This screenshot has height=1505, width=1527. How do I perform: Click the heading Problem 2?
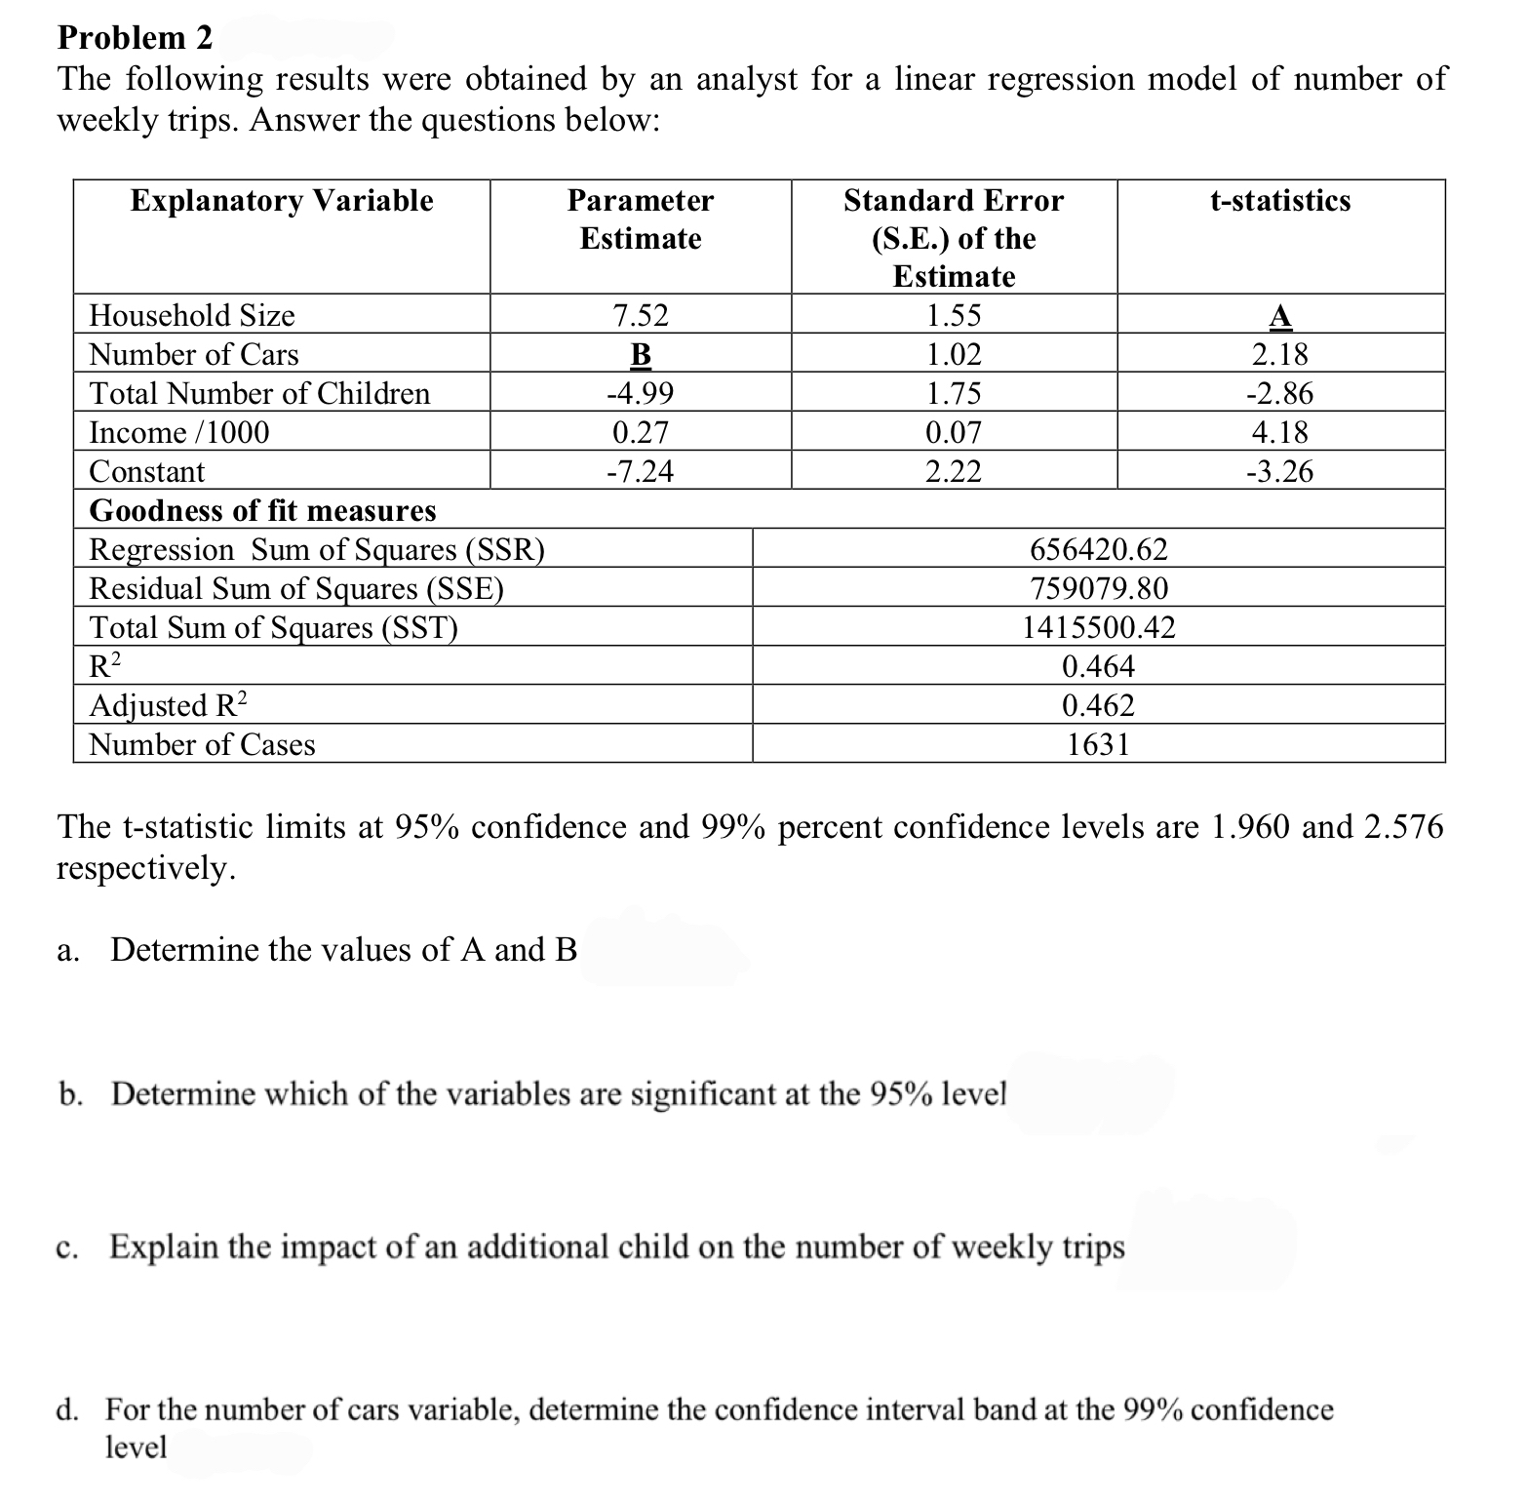pos(135,37)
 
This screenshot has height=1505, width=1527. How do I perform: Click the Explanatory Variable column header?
pos(282,201)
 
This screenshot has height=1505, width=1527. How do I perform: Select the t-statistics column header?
pos(1279,201)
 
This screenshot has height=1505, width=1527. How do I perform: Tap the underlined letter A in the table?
pos(1279,316)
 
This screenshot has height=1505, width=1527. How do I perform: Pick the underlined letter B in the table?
pos(640,355)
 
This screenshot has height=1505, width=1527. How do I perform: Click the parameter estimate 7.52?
pos(640,316)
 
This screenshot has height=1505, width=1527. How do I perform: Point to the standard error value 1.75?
pos(953,394)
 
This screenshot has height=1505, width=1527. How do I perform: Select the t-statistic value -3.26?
pos(1279,472)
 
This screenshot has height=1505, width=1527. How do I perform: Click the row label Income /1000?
pos(179,433)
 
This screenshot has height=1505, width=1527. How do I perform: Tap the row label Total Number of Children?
pos(259,394)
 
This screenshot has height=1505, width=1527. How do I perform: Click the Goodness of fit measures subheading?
pos(262,510)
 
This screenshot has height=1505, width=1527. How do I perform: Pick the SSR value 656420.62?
pos(1098,550)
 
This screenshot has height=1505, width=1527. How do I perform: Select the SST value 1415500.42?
pos(1098,627)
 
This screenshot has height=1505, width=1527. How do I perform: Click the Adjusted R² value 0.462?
pos(1098,705)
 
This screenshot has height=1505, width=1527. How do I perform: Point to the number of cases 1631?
pos(1098,744)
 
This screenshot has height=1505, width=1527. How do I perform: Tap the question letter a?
pos(65,951)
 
